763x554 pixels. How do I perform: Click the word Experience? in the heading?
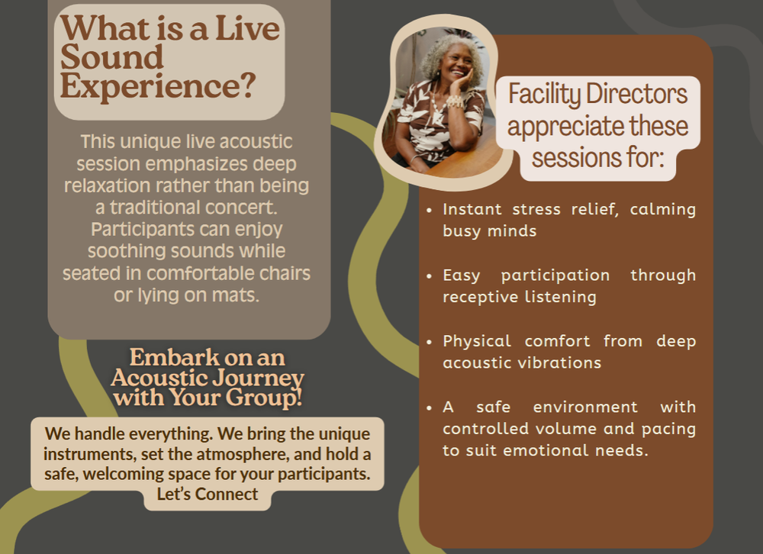(158, 87)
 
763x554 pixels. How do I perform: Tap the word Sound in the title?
(112, 57)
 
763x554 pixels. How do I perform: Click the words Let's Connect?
(208, 494)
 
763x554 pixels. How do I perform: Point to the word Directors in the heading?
(636, 93)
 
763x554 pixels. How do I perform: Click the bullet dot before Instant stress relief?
(429, 211)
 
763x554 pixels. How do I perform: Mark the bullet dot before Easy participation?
(429, 276)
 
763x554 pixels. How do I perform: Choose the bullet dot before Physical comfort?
(429, 342)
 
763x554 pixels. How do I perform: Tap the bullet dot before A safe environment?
(429, 407)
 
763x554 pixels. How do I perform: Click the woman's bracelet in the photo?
(456, 101)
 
